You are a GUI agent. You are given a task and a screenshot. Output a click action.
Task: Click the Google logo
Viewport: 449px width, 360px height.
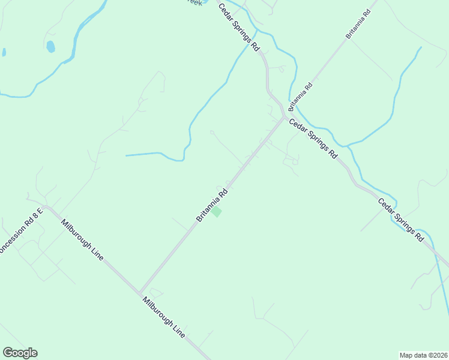tap(20, 353)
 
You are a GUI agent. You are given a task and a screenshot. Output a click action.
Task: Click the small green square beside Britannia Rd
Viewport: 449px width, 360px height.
tap(216, 212)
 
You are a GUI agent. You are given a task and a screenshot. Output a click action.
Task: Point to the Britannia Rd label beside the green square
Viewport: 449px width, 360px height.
tap(213, 205)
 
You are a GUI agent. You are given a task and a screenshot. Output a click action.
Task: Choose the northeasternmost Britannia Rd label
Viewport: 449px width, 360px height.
tap(360, 25)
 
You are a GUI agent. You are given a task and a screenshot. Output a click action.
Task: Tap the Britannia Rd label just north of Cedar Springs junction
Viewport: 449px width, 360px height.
tap(300, 96)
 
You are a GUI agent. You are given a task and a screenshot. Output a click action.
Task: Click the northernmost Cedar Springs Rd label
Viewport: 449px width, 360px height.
tap(238, 26)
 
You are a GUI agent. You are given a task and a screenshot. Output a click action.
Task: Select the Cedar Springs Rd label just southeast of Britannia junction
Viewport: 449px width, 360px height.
tap(313, 139)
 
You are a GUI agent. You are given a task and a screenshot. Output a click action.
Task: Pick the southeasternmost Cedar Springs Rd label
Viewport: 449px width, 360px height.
tap(401, 220)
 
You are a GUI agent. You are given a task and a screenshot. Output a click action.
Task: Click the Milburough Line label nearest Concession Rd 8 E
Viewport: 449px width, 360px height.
tap(82, 239)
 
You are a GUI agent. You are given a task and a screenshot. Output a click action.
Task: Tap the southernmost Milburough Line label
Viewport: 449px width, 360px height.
tap(163, 317)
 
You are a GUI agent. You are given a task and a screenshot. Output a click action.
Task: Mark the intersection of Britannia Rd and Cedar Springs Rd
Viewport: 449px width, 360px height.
tap(283, 117)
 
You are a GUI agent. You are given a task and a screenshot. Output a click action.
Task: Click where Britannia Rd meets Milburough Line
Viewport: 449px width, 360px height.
tap(139, 292)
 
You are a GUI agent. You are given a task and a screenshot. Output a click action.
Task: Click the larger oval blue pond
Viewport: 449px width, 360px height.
tap(50, 46)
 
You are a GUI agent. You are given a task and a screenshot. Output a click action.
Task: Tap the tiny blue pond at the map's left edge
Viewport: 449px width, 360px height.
tap(4, 52)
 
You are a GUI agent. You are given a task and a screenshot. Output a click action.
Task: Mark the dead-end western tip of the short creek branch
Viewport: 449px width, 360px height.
tap(126, 155)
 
